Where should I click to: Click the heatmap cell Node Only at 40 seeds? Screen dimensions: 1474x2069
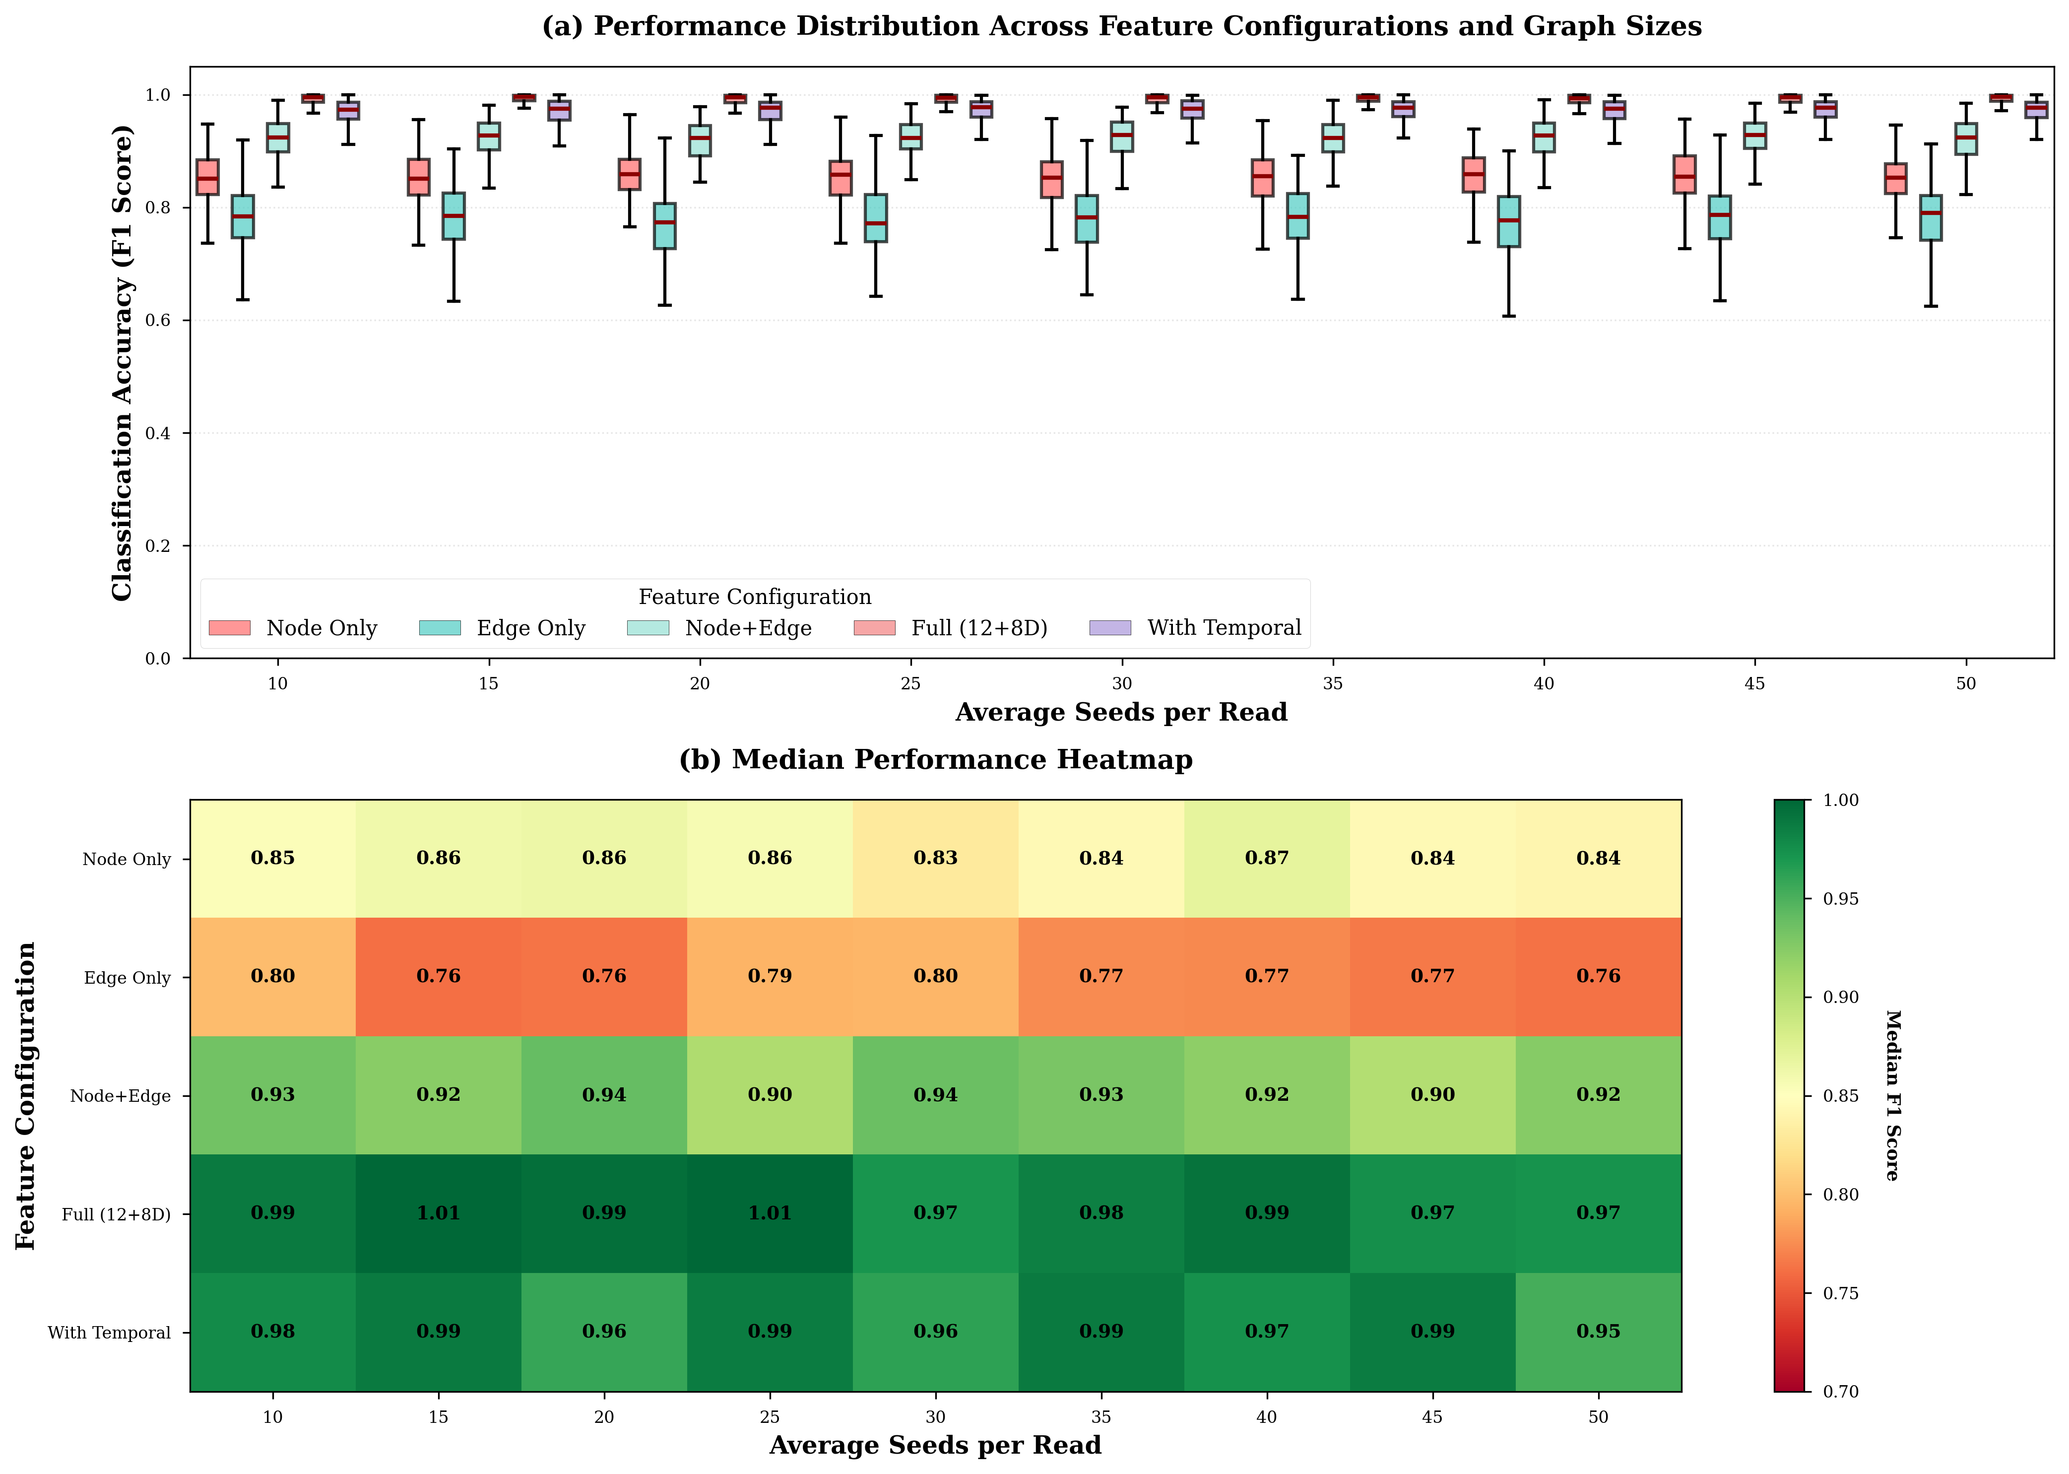point(1267,859)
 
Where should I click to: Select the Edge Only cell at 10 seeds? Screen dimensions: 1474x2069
point(273,977)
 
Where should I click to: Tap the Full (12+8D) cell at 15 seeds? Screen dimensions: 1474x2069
point(438,1213)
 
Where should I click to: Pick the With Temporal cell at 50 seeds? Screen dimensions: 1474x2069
point(1598,1332)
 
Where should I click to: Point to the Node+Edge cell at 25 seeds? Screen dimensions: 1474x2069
point(770,1095)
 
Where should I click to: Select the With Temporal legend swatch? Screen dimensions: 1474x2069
point(1110,628)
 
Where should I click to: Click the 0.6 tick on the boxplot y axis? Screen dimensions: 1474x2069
point(158,321)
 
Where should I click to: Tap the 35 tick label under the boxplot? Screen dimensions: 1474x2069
point(1332,683)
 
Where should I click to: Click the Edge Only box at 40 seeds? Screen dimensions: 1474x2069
point(1509,221)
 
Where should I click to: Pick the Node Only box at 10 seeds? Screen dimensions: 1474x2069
point(208,177)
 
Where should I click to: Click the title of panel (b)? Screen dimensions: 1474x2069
point(936,760)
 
